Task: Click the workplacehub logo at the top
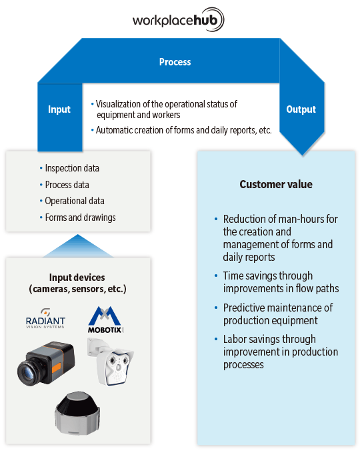click(x=178, y=20)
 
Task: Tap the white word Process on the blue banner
click(x=175, y=62)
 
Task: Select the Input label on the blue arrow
click(x=59, y=109)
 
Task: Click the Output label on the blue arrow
click(x=301, y=109)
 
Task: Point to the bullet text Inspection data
click(x=72, y=168)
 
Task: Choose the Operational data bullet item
click(x=75, y=201)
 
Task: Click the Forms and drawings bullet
click(x=80, y=217)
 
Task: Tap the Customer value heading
click(x=276, y=184)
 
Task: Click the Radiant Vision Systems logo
click(x=45, y=319)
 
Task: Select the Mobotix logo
click(x=105, y=320)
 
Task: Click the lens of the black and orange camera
click(x=27, y=372)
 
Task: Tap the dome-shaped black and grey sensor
click(x=77, y=413)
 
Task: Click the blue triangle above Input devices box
click(x=78, y=248)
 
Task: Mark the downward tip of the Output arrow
click(x=303, y=156)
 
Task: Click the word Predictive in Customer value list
click(x=243, y=308)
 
